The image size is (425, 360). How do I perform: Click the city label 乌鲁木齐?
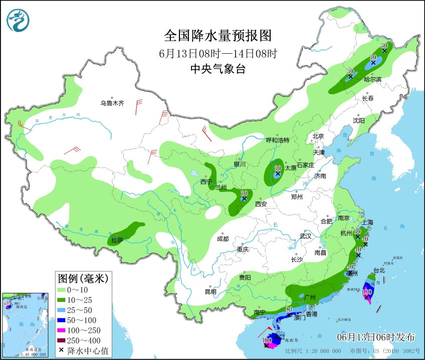(x=111, y=103)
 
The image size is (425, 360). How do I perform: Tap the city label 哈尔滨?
(x=372, y=79)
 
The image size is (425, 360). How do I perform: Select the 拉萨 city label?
(x=117, y=241)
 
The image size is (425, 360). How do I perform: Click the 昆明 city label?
(x=210, y=292)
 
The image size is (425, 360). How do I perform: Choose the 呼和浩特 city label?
(x=277, y=140)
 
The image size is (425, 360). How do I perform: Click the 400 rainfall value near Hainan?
(x=267, y=340)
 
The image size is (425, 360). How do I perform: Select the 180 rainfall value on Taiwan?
(x=367, y=291)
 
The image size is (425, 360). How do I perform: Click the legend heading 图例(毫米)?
(x=83, y=277)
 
